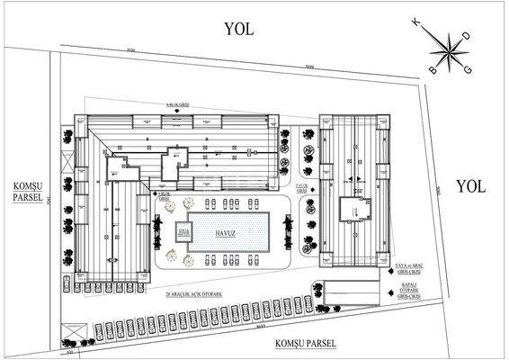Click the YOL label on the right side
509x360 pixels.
pos(469,186)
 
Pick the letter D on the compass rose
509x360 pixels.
pos(464,36)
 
